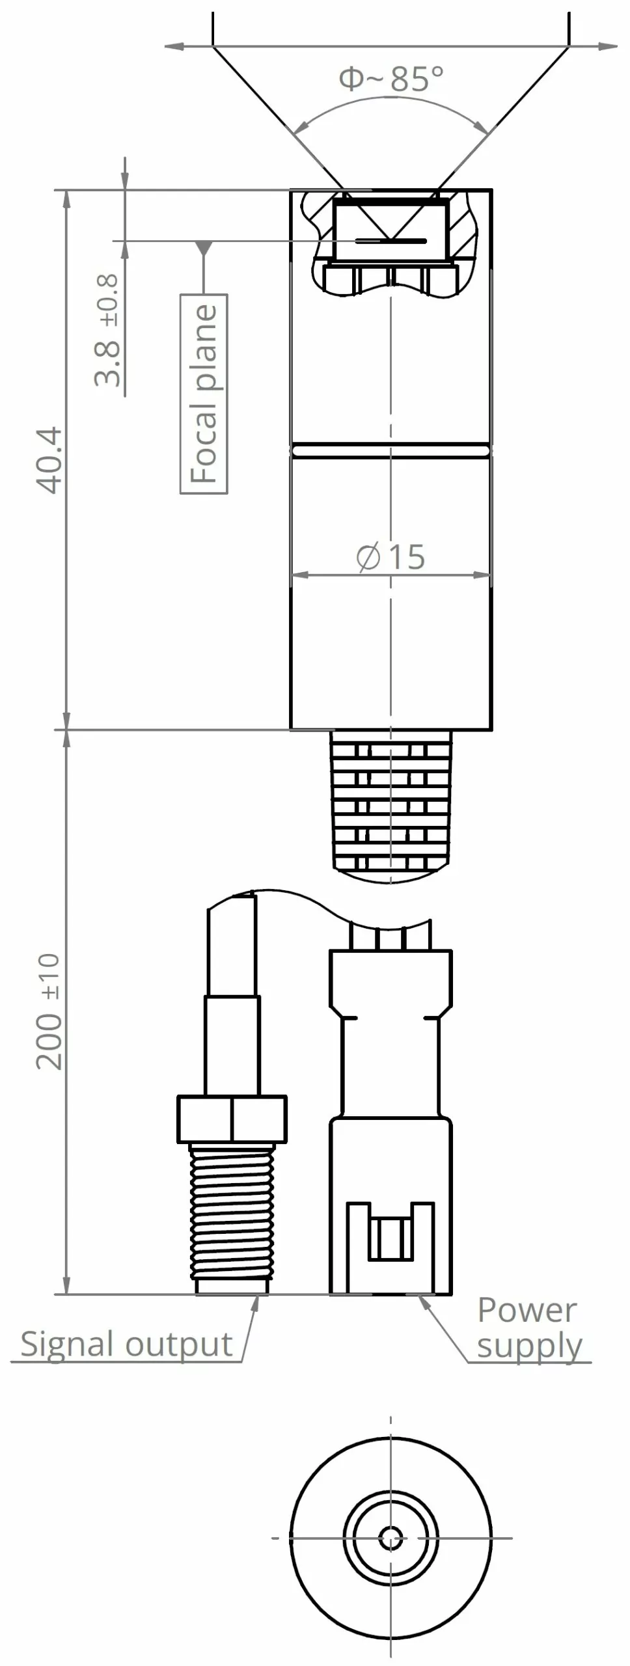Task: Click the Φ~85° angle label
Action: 391,79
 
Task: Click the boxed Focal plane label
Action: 204,394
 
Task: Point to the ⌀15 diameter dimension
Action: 391,557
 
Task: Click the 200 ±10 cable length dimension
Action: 49,1011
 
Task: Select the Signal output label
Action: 126,1345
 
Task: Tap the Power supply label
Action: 528,1328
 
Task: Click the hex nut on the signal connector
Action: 232,1119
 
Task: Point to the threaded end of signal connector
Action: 231,1219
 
